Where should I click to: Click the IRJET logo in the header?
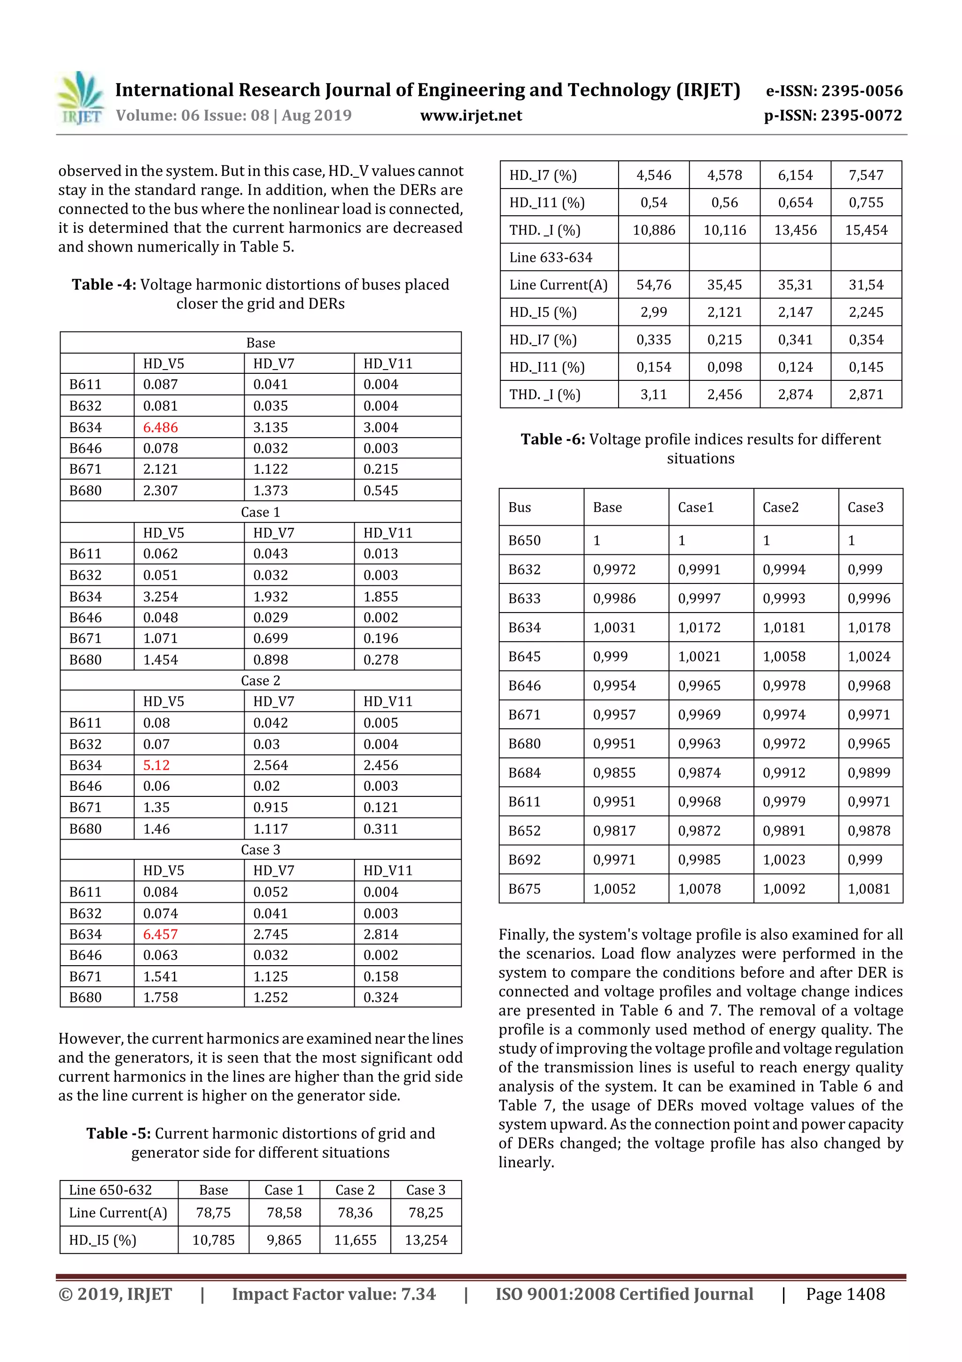click(x=81, y=98)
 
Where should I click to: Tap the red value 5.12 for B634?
click(x=156, y=765)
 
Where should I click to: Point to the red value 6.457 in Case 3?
click(x=160, y=934)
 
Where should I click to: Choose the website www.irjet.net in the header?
click(x=471, y=116)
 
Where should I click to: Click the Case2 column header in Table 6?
click(x=780, y=507)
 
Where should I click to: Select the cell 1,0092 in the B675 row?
click(x=784, y=889)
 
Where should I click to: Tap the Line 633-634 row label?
click(x=551, y=258)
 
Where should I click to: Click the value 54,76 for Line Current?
click(x=653, y=285)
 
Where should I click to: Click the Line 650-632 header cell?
click(x=110, y=1189)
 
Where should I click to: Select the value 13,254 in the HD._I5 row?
click(x=426, y=1240)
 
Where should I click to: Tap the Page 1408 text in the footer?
click(x=845, y=1294)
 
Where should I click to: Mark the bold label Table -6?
click(x=552, y=439)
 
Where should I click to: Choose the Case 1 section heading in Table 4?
click(x=260, y=512)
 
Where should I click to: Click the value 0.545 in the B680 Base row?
click(x=380, y=490)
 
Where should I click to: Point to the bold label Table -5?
click(x=118, y=1133)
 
